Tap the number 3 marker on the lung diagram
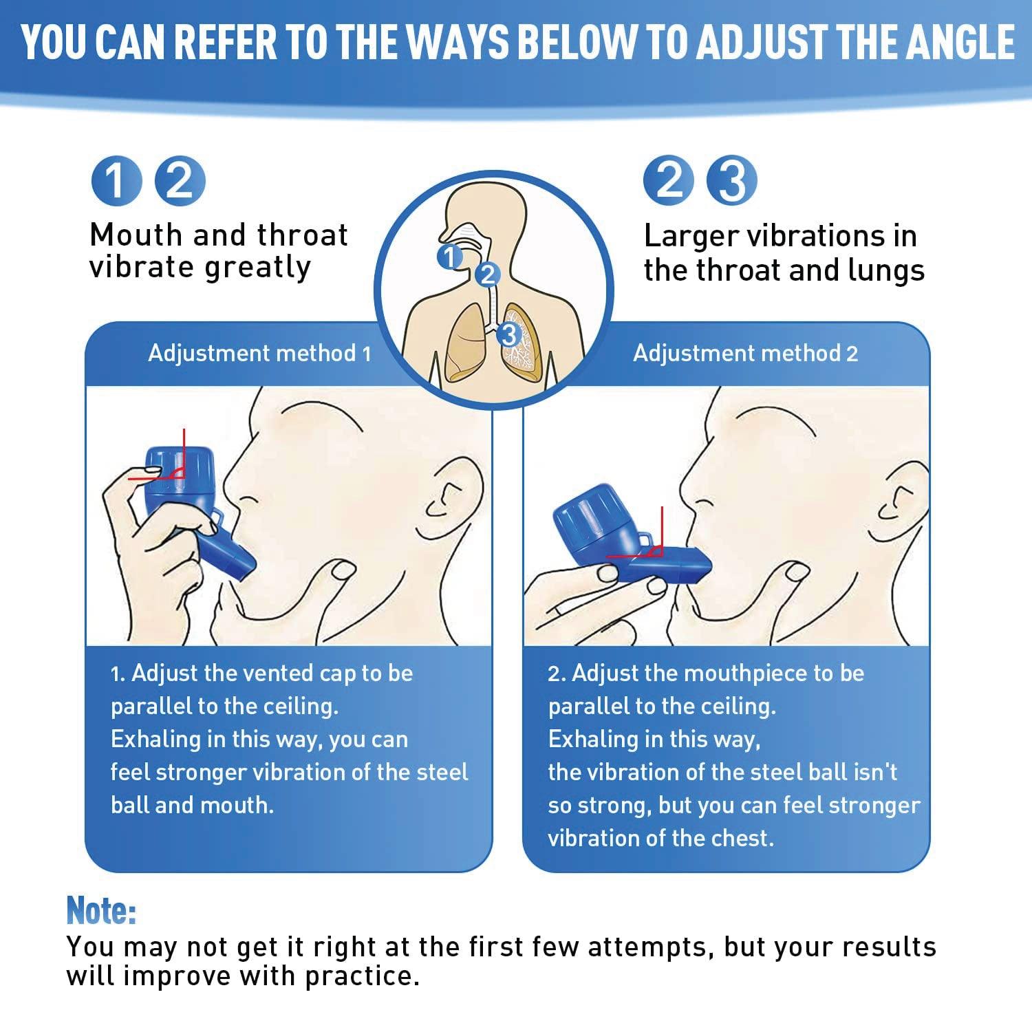pyautogui.click(x=508, y=335)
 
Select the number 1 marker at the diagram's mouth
pyautogui.click(x=450, y=257)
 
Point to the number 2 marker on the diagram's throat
pyautogui.click(x=488, y=275)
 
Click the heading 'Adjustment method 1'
pyautogui.click(x=260, y=353)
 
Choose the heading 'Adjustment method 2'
pyautogui.click(x=745, y=353)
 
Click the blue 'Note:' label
pyautogui.click(x=101, y=911)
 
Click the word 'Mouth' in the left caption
pyautogui.click(x=138, y=235)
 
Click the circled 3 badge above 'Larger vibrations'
pyautogui.click(x=733, y=180)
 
